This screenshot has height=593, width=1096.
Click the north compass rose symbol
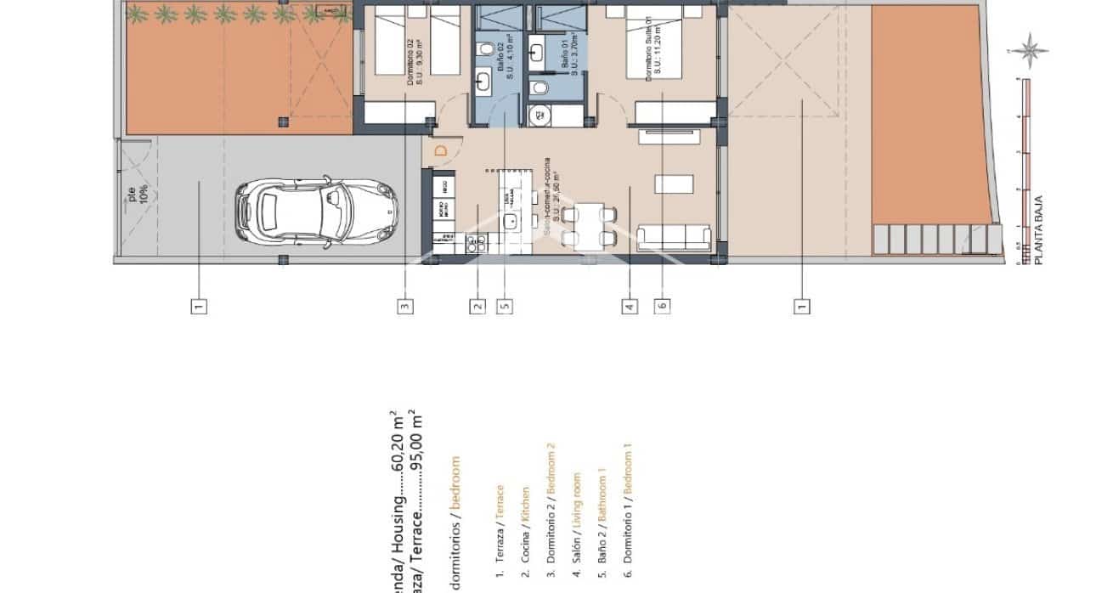(1030, 50)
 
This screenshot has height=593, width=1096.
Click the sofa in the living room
(674, 237)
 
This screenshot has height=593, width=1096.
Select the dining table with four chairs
(588, 226)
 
